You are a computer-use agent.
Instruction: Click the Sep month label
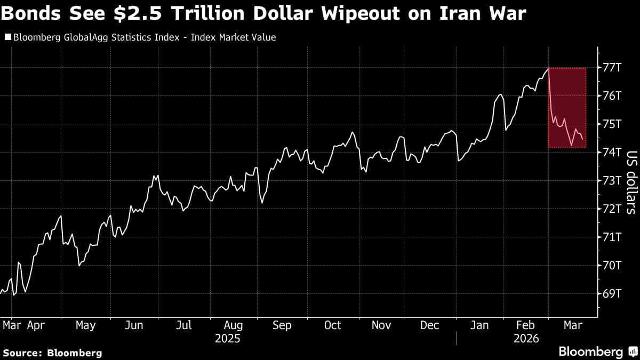[x=282, y=325]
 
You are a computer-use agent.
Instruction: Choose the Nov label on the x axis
[x=381, y=325]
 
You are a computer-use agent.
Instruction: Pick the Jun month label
[x=134, y=325]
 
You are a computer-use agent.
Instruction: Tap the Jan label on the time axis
[x=479, y=325]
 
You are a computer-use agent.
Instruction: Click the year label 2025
[x=228, y=339]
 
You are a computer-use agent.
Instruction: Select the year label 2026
[x=526, y=339]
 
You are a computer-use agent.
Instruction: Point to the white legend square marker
[x=7, y=37]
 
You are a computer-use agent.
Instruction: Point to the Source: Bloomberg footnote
[x=52, y=353]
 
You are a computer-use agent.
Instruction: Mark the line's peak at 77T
[x=548, y=68]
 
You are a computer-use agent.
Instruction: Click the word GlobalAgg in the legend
[x=81, y=37]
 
